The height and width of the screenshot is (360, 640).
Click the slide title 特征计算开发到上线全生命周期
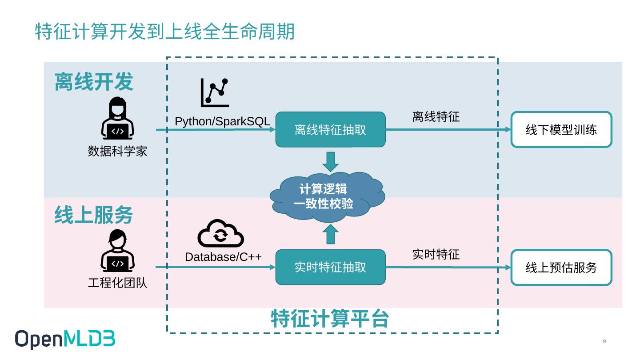point(164,32)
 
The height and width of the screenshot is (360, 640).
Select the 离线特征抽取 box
point(330,129)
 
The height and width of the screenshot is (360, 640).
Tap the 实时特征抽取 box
point(330,267)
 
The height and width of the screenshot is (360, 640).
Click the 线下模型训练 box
point(561,129)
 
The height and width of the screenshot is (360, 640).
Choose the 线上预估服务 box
point(561,268)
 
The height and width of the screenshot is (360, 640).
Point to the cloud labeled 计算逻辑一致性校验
point(328,197)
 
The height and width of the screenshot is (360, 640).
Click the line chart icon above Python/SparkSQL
point(215,92)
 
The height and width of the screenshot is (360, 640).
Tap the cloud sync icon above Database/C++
point(220,233)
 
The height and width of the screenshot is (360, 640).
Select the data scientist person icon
point(117,118)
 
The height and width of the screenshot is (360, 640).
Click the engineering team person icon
point(117,250)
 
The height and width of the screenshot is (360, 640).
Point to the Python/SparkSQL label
point(222,121)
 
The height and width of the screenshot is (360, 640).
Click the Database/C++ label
point(223,257)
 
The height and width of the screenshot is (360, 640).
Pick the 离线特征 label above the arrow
point(436,116)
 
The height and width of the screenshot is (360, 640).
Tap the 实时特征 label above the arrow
point(436,254)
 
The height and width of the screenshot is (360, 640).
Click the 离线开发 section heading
point(94,82)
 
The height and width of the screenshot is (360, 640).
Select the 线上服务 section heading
point(94,215)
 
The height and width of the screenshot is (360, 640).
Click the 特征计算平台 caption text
point(330,318)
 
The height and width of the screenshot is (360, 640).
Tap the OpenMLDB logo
point(65,339)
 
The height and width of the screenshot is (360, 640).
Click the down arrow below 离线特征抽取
point(331,162)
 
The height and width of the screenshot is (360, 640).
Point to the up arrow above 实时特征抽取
point(331,234)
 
